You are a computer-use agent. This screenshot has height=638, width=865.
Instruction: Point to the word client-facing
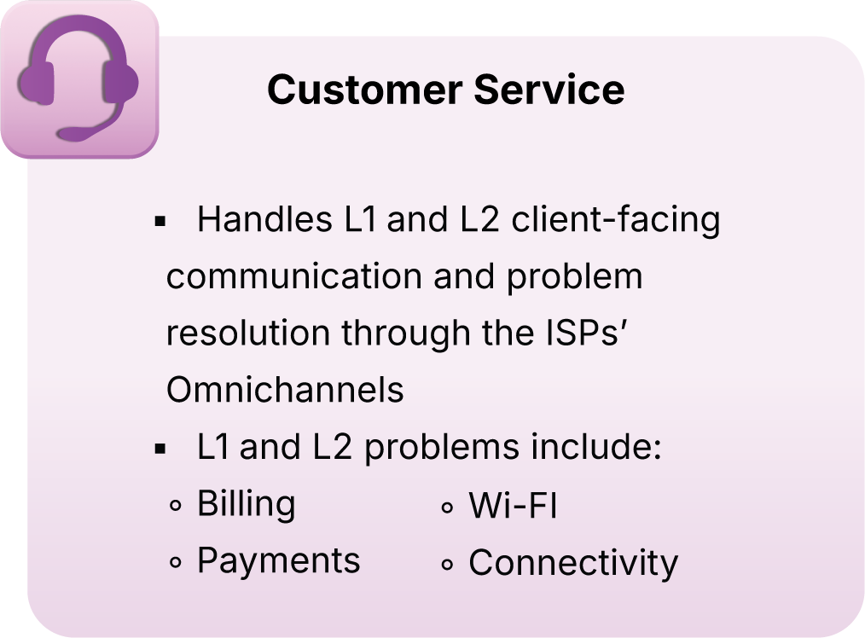616,220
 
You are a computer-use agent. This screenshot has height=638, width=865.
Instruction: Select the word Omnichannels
285,390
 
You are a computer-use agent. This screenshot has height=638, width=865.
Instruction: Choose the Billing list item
247,504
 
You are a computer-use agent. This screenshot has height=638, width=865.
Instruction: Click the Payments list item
279,560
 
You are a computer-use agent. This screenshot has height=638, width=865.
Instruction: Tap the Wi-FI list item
513,507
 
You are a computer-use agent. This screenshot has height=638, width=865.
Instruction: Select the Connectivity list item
573,563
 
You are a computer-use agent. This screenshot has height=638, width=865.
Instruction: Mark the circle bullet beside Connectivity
447,565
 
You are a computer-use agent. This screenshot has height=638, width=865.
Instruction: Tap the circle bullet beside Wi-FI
447,508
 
